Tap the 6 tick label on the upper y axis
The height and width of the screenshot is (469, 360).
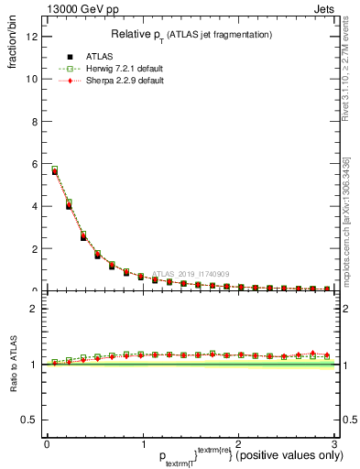(x=34, y=164)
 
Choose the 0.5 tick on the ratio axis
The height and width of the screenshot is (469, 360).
(x=29, y=420)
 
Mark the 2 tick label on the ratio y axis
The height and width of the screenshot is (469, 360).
(x=34, y=309)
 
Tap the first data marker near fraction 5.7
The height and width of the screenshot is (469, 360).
(x=55, y=170)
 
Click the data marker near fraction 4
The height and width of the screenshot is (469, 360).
(x=69, y=205)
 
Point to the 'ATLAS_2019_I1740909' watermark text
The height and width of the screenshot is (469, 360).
(x=191, y=273)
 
